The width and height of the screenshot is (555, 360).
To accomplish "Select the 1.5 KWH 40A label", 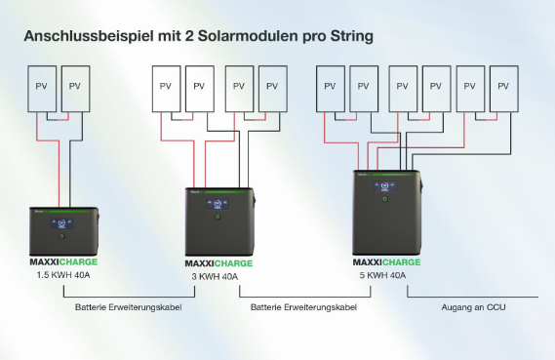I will [x=60, y=274].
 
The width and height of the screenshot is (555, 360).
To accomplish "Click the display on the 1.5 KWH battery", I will [x=60, y=221].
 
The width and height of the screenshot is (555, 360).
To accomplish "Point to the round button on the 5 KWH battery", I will [x=385, y=201].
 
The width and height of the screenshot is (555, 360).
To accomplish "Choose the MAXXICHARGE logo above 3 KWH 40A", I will [x=218, y=263].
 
